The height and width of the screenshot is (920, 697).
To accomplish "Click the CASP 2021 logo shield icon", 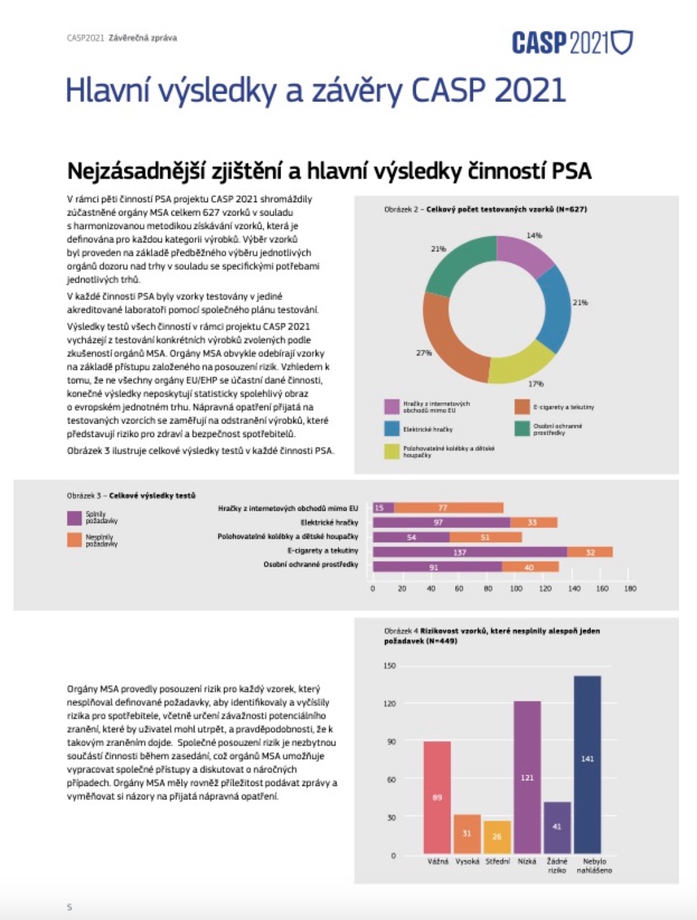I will coord(621,42).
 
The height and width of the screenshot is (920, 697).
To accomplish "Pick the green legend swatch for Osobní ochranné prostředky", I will coord(522,429).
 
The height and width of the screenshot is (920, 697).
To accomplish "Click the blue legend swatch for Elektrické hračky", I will coord(392,429).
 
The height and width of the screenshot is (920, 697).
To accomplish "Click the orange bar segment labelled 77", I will coord(448,507).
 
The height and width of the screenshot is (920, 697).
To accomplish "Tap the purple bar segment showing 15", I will coord(383,507).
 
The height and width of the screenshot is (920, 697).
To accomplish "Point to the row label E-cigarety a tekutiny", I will coord(323,550).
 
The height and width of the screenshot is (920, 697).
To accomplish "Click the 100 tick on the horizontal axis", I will coord(516,588).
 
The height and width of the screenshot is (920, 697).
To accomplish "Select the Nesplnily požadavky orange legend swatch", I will coord(74,540).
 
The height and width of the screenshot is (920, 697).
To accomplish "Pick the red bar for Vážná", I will coord(437,797).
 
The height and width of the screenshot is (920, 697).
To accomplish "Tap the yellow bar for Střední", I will coord(497,837).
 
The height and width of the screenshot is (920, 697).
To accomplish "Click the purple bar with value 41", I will coord(557,827).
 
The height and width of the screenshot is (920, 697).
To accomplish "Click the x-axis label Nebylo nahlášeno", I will coord(594,865).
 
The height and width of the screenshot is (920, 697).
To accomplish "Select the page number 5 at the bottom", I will coord(69,907).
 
